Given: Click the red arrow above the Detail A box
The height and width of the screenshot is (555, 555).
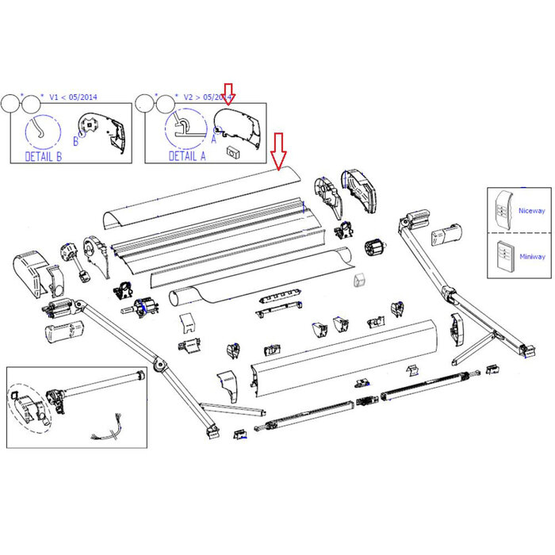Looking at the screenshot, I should (x=229, y=94).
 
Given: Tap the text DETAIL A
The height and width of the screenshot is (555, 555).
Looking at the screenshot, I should (x=187, y=156).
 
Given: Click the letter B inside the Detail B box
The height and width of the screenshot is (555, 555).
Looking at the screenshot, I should (x=76, y=142).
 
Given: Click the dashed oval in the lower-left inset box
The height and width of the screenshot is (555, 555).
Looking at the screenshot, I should (x=29, y=405).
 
